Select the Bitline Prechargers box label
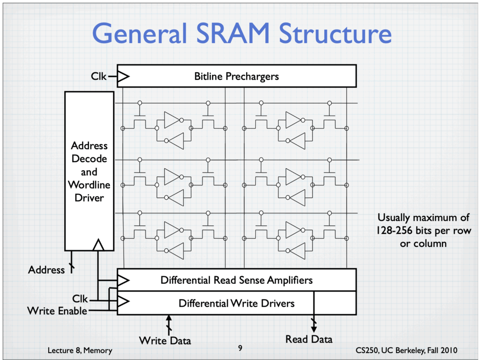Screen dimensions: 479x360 (x=236, y=76)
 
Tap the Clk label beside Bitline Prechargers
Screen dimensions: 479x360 (x=98, y=76)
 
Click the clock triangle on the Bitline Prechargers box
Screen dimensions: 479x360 (x=123, y=76)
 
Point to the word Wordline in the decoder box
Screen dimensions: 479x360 (x=89, y=185)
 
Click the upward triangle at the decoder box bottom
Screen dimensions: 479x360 (x=98, y=245)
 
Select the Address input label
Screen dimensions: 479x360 (x=46, y=270)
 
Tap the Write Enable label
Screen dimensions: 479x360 (x=57, y=311)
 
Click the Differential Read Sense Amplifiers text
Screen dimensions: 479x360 (x=236, y=280)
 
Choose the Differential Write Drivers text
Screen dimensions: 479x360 (x=236, y=303)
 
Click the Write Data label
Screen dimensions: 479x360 (x=165, y=340)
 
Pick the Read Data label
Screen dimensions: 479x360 (x=309, y=339)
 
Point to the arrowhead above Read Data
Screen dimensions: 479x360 (x=314, y=329)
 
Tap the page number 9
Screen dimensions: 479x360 (x=240, y=348)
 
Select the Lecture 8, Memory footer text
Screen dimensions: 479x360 (x=80, y=350)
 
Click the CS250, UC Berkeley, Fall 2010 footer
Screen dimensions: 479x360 (x=406, y=350)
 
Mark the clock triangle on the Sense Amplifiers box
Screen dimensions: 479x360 (x=123, y=280)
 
